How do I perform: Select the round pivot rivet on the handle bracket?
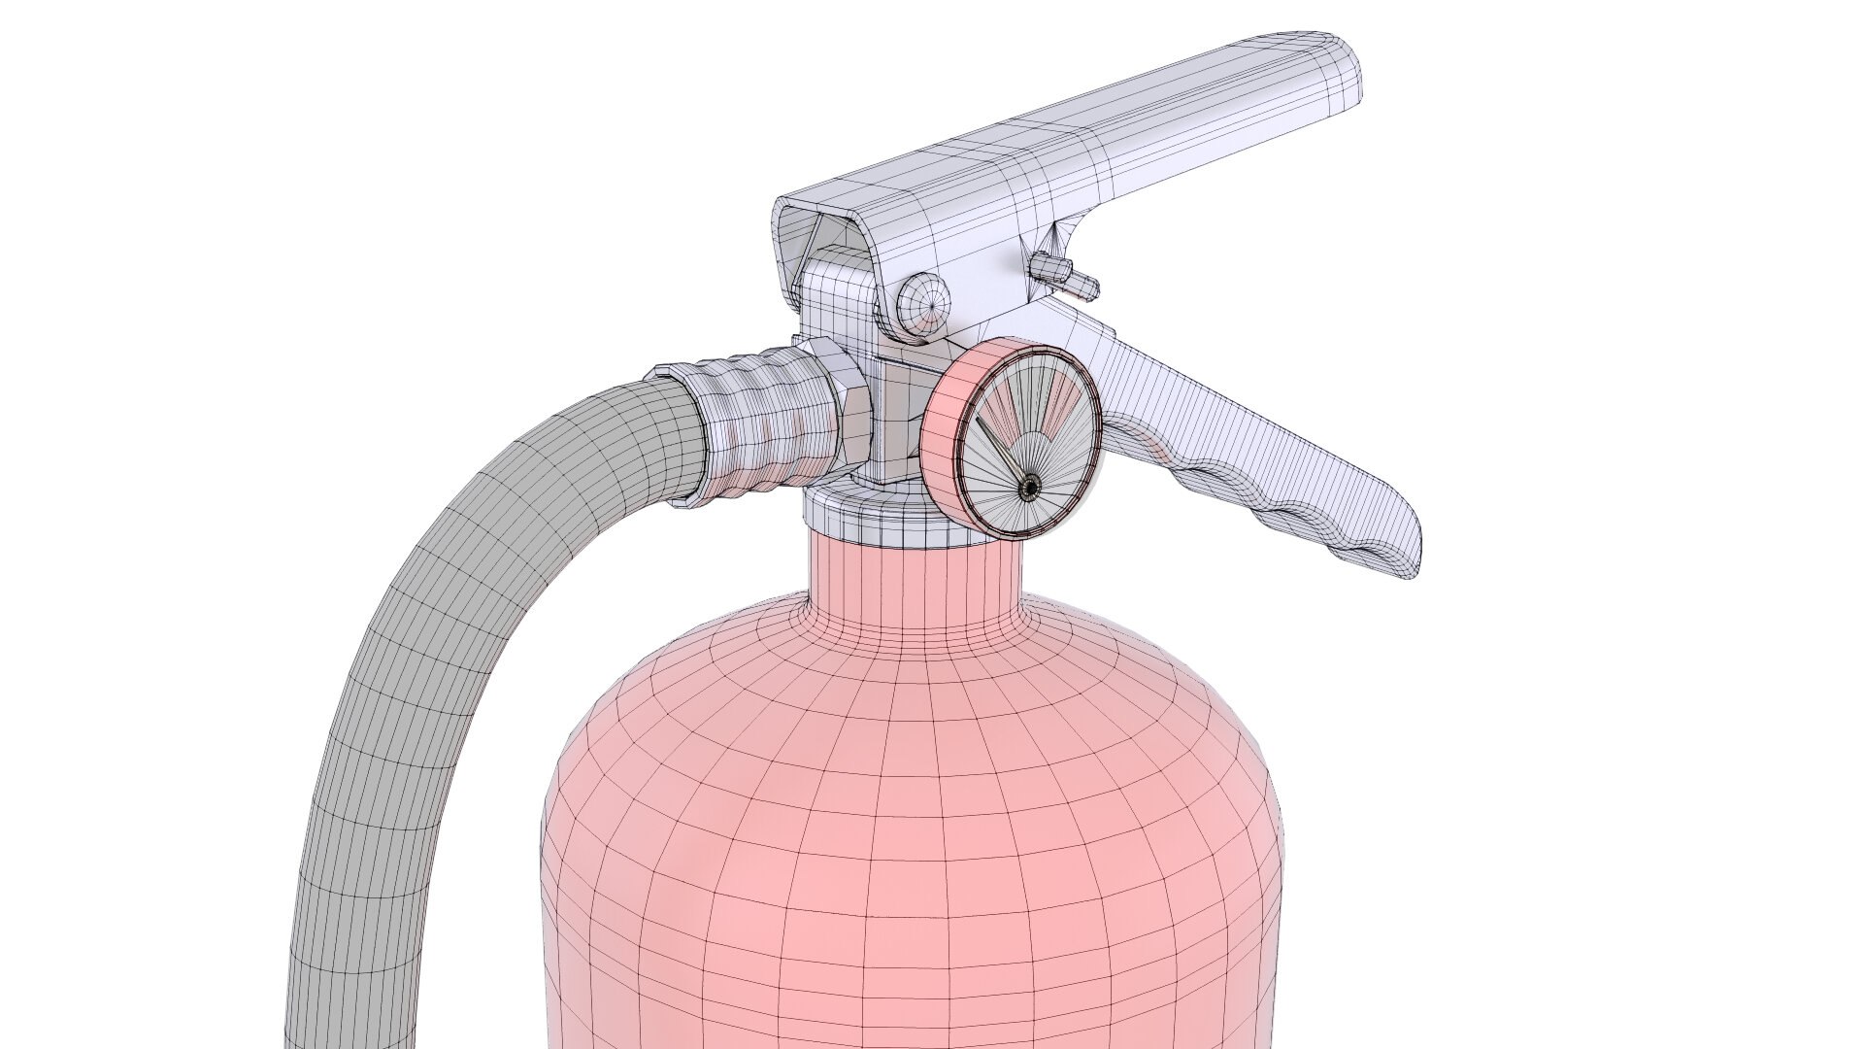click(x=921, y=302)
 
